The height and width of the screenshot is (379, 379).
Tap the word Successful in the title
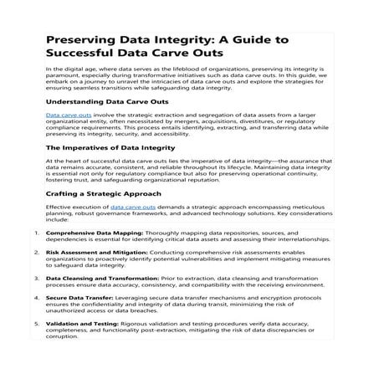[x=85, y=54]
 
